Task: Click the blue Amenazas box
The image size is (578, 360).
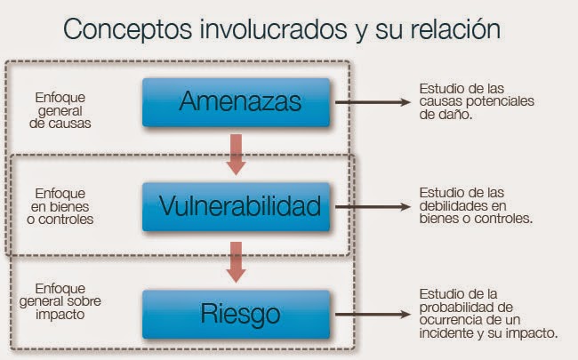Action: [x=238, y=101]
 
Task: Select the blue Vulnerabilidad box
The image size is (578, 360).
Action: [x=238, y=206]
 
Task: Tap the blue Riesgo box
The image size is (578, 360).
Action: [x=238, y=312]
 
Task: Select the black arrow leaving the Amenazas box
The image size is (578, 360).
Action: [x=369, y=101]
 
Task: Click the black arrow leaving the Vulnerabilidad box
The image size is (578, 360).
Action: [x=369, y=206]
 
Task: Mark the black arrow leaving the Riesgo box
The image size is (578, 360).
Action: [x=369, y=312]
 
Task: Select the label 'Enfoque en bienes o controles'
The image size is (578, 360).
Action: [x=61, y=206]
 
